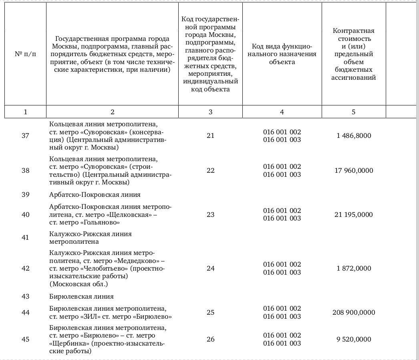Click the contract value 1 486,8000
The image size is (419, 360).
[354, 136]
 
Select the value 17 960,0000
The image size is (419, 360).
[354, 170]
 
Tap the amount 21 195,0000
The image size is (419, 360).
[354, 214]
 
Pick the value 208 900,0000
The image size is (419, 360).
[354, 312]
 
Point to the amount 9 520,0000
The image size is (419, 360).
[354, 339]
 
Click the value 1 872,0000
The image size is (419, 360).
[354, 268]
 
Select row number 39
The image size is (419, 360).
[25, 194]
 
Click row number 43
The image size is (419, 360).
[25, 296]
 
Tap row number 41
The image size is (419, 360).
[25, 237]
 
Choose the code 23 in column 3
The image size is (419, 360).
[211, 214]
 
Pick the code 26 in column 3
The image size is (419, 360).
[211, 339]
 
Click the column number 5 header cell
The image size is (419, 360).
[353, 112]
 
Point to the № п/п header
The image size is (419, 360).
[25, 54]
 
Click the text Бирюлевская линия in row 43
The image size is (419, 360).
[81, 296]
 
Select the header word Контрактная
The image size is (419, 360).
[353, 31]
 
